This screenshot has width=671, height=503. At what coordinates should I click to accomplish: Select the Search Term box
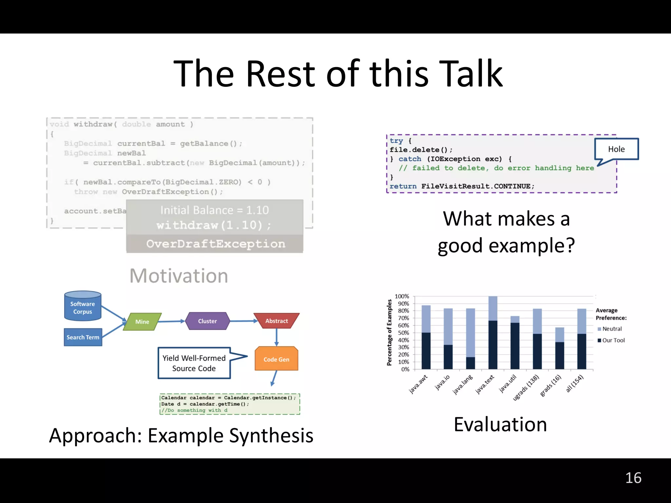coord(83,337)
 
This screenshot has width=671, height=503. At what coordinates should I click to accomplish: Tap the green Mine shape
coord(142,322)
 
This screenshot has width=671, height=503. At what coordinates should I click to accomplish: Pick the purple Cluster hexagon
coord(207,321)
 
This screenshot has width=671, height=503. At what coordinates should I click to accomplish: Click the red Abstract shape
coord(277,321)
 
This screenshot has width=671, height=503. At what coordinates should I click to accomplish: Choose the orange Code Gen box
coord(276,359)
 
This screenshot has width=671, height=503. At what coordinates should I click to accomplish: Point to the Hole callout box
coord(616,149)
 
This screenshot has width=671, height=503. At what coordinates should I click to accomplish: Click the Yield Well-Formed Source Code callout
coord(194,363)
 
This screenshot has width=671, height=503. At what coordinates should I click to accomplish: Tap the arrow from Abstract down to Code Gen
coord(277,337)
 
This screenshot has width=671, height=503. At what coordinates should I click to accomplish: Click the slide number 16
coord(633,478)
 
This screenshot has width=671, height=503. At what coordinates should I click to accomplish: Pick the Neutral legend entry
coord(611,329)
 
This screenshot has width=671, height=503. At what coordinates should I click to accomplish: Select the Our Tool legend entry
coord(613,340)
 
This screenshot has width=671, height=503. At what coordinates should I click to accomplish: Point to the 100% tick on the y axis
coord(402,296)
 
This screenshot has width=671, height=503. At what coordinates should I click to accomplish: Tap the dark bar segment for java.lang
coord(470,363)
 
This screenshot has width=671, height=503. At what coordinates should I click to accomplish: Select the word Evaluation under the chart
coord(500,424)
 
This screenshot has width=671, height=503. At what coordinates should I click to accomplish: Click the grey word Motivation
coord(179,276)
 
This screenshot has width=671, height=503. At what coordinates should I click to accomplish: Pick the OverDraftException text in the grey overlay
coord(216,244)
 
